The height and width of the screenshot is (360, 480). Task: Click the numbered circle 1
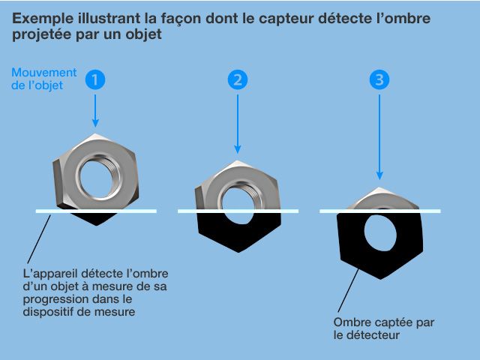pos(95,79)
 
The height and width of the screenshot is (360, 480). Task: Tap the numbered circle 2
pos(238,79)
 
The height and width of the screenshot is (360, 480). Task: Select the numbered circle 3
pos(379,79)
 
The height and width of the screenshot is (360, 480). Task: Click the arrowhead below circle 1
pos(95,122)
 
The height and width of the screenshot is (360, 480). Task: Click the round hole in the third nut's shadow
pos(379,234)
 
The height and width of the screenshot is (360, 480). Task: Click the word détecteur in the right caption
pos(373,335)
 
